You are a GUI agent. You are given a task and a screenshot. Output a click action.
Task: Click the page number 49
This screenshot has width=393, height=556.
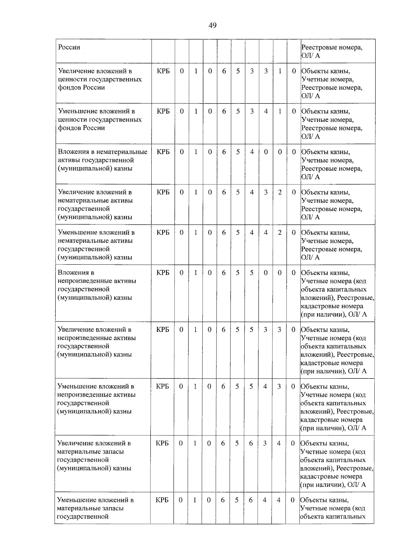coord(212,25)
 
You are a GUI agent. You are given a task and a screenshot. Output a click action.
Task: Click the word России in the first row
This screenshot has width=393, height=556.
coord(69,47)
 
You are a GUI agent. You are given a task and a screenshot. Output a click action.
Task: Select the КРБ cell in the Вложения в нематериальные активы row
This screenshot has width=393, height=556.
coord(163,152)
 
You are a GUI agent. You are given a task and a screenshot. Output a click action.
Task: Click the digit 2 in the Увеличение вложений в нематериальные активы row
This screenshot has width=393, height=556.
coord(280,192)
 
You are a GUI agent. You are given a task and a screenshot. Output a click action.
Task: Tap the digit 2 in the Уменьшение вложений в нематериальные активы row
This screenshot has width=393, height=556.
coord(280,233)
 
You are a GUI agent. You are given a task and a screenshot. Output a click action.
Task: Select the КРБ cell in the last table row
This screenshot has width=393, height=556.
coord(162,500)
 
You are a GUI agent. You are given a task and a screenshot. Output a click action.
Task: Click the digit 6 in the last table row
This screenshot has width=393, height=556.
coord(223,500)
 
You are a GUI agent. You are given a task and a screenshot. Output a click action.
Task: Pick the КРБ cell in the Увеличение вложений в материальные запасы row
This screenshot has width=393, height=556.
coord(162,443)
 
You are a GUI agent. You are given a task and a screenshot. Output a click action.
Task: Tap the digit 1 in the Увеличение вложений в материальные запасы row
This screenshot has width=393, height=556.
coord(195,443)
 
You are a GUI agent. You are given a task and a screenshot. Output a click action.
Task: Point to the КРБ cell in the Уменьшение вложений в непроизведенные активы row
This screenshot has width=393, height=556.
coord(162,386)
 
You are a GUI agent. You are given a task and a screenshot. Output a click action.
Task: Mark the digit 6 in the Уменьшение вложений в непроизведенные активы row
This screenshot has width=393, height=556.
coord(223,386)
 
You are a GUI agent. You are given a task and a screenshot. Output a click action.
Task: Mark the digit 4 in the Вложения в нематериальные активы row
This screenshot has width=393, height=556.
coord(252,152)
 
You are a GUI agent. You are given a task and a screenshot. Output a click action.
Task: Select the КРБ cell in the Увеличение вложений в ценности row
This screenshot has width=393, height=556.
coord(163,71)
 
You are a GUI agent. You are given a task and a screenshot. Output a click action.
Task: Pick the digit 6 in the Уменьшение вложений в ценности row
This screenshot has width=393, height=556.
coord(224,111)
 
